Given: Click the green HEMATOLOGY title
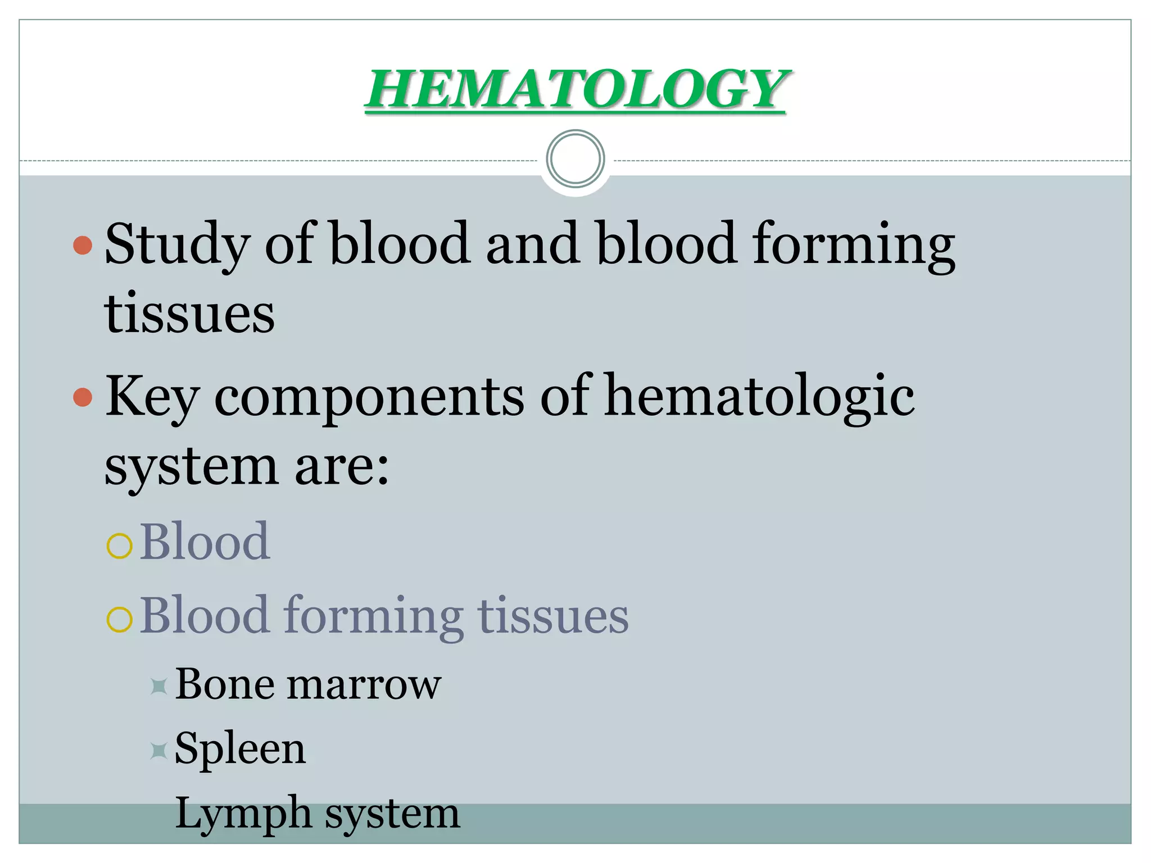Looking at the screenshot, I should click(575, 90).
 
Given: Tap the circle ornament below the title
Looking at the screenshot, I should click(575, 159).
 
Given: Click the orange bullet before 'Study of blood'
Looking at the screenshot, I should click(83, 245).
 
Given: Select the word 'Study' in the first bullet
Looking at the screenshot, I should click(178, 244).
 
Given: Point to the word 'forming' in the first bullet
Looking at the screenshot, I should click(854, 244).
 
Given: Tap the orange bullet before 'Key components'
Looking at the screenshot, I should click(83, 397).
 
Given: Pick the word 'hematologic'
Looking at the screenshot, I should click(759, 397).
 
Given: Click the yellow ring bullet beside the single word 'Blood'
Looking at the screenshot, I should click(119, 545).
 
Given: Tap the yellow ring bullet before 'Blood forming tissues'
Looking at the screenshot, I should click(119, 619).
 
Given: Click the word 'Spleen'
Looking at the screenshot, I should click(241, 750).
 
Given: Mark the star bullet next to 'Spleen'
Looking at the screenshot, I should click(159, 751).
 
